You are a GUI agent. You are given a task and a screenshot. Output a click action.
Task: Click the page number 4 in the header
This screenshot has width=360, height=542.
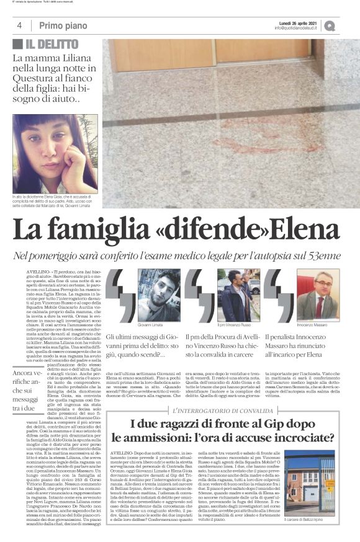point(20,25)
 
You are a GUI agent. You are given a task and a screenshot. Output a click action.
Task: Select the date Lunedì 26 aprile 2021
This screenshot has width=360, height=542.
point(295,21)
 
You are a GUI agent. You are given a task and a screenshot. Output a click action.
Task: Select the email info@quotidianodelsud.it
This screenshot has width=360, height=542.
point(295,28)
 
